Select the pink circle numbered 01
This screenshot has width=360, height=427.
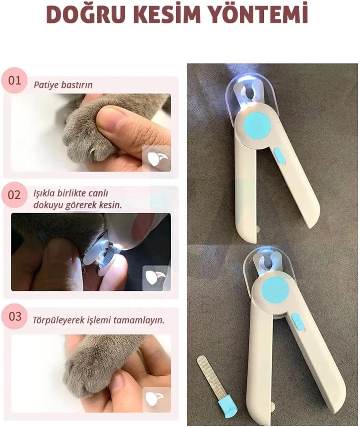(14, 80)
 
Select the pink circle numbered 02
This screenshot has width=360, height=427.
(14, 195)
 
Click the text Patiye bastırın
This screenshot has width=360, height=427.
(63, 85)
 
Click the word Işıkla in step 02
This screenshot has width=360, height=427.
(44, 194)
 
